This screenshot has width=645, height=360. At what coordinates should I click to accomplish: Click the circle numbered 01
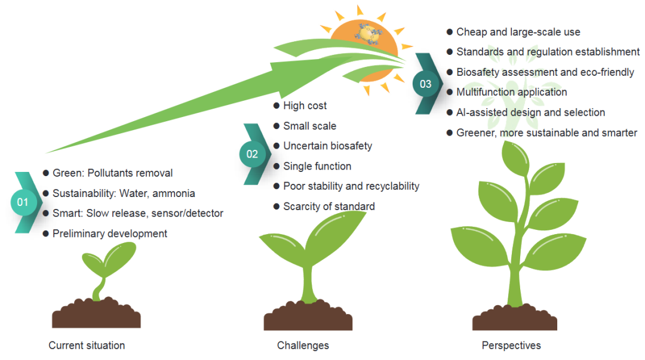point(23,202)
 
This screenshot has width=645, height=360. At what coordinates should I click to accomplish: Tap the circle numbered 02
point(252,154)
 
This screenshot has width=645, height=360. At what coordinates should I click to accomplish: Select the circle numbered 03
point(425,84)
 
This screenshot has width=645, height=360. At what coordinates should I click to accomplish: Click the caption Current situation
point(87,345)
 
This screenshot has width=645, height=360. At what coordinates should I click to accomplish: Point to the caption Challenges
point(303,345)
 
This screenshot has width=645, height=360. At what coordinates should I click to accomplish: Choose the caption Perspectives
point(511,345)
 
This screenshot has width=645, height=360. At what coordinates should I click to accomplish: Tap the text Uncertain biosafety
point(327,146)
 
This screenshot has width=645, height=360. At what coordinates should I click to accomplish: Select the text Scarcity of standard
point(329,207)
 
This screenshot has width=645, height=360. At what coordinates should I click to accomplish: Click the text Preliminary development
point(110,233)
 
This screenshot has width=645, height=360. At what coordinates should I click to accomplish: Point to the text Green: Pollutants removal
point(112,173)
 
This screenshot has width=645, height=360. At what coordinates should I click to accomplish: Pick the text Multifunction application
point(512,92)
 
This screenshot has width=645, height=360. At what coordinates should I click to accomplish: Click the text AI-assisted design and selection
point(530,112)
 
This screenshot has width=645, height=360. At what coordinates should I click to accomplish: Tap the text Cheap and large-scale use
point(518,32)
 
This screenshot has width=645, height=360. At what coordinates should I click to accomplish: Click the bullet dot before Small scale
point(277,126)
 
